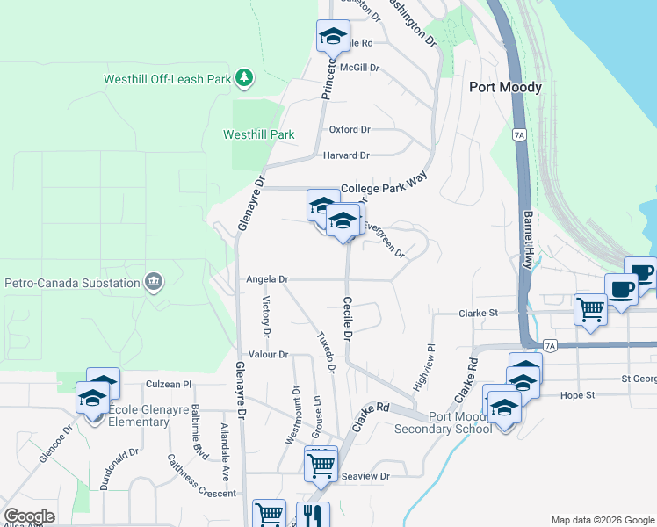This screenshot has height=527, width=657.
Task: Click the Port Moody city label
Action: tap(505, 87)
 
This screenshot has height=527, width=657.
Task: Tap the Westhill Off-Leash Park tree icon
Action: tap(244, 79)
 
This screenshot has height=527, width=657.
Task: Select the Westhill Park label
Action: tap(258, 135)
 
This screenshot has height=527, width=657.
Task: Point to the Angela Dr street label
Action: tap(267, 279)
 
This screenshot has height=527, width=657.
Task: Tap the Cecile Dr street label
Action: tap(348, 318)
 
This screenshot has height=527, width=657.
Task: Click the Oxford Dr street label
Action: tap(350, 129)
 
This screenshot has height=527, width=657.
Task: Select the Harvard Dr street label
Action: tap(346, 155)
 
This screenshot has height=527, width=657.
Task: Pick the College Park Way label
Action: tap(389, 188)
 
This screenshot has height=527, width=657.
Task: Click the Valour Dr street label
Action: tap(269, 354)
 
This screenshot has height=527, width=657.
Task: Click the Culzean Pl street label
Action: tap(168, 384)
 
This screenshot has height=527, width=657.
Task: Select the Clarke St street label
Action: tap(479, 313)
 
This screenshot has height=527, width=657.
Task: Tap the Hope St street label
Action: tap(578, 395)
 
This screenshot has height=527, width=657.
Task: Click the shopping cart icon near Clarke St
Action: tap(590, 308)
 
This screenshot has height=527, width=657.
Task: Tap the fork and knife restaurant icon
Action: tap(312, 514)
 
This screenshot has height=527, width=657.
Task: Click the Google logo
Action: tap(30, 516)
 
